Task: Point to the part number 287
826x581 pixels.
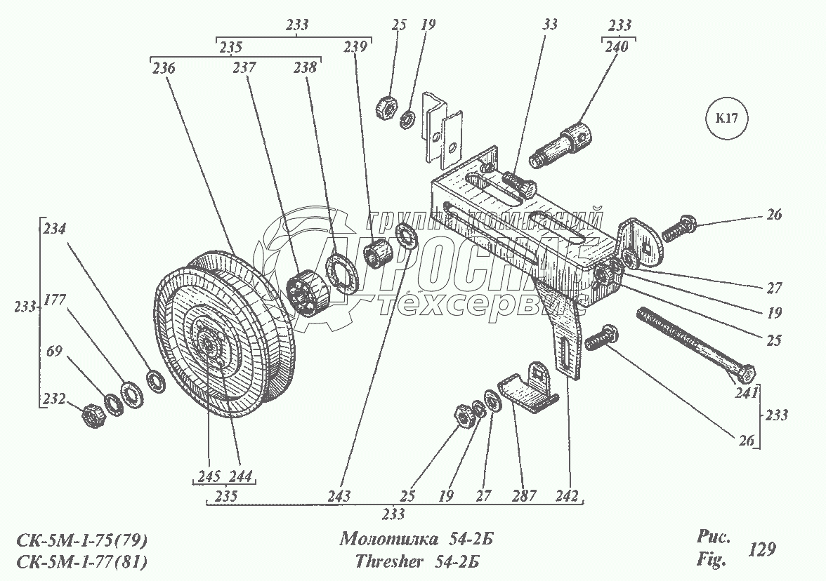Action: click(525, 495)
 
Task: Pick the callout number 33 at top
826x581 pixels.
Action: click(550, 25)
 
